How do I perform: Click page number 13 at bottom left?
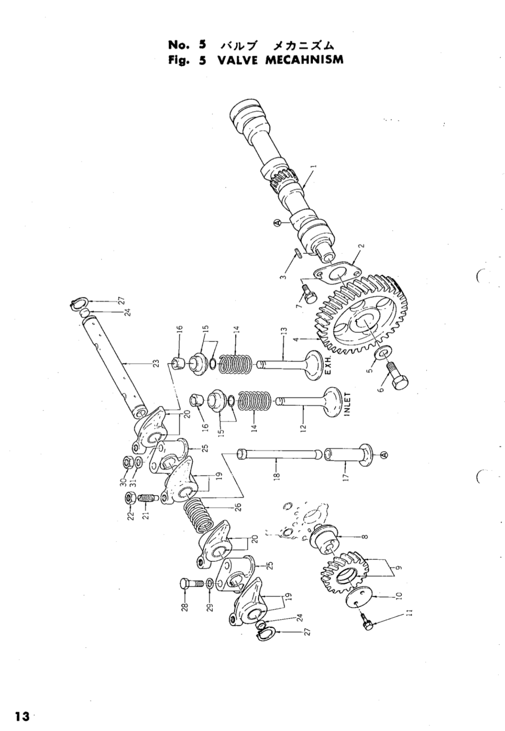point(22,716)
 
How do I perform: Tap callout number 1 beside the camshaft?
point(312,166)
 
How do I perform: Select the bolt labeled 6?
point(398,382)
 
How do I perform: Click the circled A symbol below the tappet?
point(384,454)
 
